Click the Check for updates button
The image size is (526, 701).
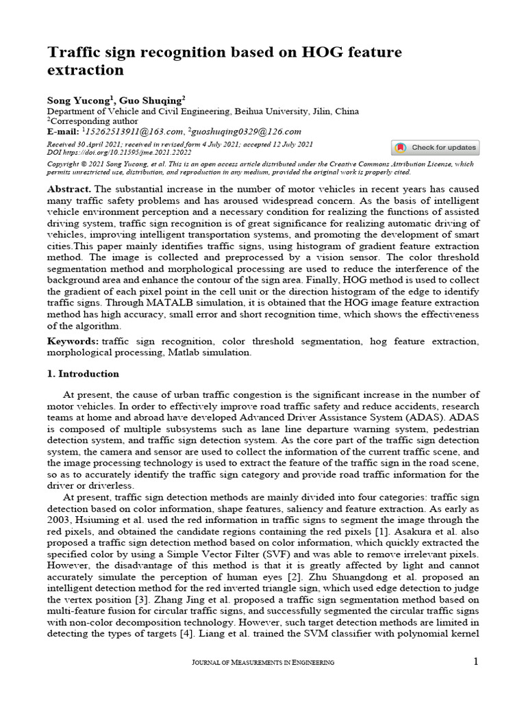[x=436, y=148]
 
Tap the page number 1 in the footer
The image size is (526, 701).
[x=476, y=661]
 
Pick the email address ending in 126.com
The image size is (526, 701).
[x=245, y=131]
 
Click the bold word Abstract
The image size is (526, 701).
[x=68, y=188]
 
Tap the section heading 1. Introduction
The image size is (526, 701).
[x=83, y=374]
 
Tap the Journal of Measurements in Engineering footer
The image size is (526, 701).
[x=263, y=662]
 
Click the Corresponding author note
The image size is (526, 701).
[x=86, y=121]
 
